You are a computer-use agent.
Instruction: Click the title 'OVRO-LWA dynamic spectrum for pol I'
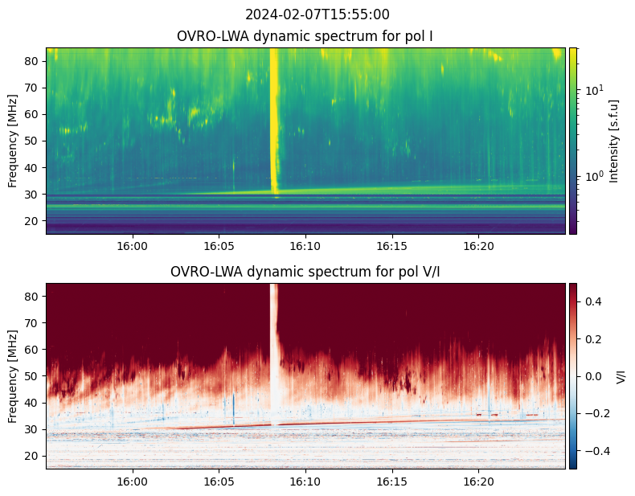[306, 36]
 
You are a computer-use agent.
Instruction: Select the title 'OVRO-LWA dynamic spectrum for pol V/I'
[306, 272]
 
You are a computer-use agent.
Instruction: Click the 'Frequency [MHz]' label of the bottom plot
[13, 376]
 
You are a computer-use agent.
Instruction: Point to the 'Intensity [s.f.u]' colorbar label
[614, 141]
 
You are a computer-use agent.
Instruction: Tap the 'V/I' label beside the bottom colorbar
[621, 376]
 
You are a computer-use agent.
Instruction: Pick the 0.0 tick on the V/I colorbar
[592, 376]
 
